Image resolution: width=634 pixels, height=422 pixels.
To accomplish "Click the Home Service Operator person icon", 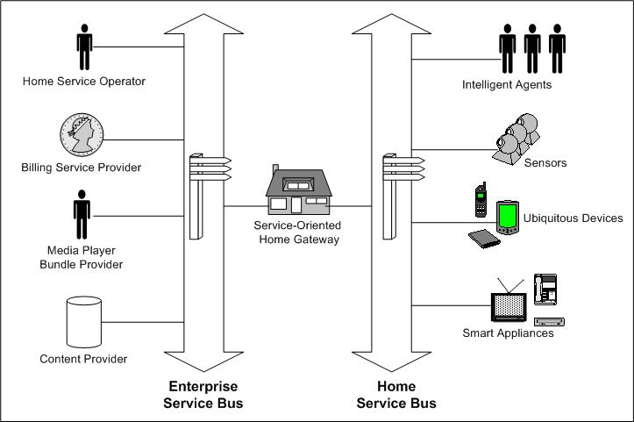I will point(84,47).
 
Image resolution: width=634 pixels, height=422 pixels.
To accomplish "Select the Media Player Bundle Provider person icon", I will point(82,216).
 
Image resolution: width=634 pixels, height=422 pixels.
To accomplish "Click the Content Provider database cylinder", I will point(84,321).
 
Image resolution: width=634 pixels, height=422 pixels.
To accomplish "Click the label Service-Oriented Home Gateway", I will point(296,232).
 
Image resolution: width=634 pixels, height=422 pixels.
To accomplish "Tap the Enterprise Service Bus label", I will point(203,395).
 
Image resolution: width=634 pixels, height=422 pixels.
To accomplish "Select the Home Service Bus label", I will point(395,395).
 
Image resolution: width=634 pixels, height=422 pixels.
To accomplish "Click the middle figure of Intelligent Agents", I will point(531,48).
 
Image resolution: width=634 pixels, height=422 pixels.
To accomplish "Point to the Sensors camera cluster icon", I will point(517,138).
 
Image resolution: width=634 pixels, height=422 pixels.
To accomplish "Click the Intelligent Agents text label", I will point(507,85).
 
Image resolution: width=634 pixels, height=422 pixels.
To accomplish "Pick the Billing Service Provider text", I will point(82,167).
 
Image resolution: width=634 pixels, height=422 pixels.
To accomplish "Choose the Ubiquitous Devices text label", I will point(573,218).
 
